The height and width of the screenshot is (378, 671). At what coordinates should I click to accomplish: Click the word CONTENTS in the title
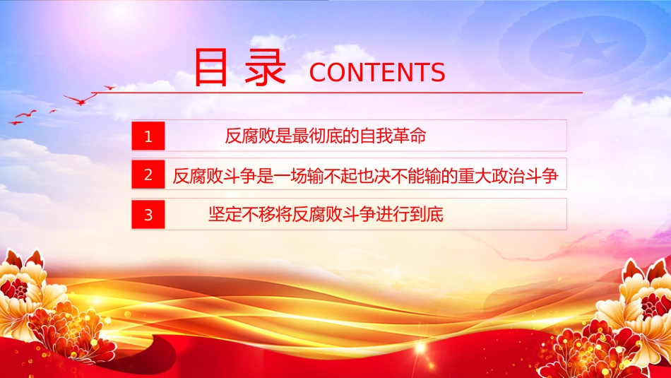[377, 72]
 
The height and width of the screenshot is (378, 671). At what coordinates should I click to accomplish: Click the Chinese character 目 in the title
[210, 67]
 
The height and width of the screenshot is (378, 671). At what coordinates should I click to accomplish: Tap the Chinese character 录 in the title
[265, 67]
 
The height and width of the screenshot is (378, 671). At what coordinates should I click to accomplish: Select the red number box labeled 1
[148, 136]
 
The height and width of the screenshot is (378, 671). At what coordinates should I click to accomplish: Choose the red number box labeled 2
[148, 175]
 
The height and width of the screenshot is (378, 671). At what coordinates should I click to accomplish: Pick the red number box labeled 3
[148, 215]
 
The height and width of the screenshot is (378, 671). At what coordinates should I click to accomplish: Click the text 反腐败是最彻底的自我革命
[326, 136]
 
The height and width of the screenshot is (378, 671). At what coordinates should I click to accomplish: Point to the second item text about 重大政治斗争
[365, 175]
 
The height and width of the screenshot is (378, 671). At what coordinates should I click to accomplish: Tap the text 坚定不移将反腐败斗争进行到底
[326, 215]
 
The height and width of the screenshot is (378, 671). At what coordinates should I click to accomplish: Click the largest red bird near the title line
[81, 100]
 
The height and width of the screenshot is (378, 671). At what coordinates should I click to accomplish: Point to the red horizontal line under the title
[336, 92]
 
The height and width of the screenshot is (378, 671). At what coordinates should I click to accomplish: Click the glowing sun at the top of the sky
[122, 11]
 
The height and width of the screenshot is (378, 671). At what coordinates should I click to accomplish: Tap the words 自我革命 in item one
[393, 136]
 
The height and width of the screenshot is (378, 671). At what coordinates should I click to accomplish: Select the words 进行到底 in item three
[410, 215]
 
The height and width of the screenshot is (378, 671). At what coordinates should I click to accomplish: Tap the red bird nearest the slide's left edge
[16, 123]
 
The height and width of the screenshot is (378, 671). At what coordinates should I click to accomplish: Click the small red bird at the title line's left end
[110, 88]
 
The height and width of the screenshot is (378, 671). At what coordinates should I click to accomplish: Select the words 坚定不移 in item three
[242, 215]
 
